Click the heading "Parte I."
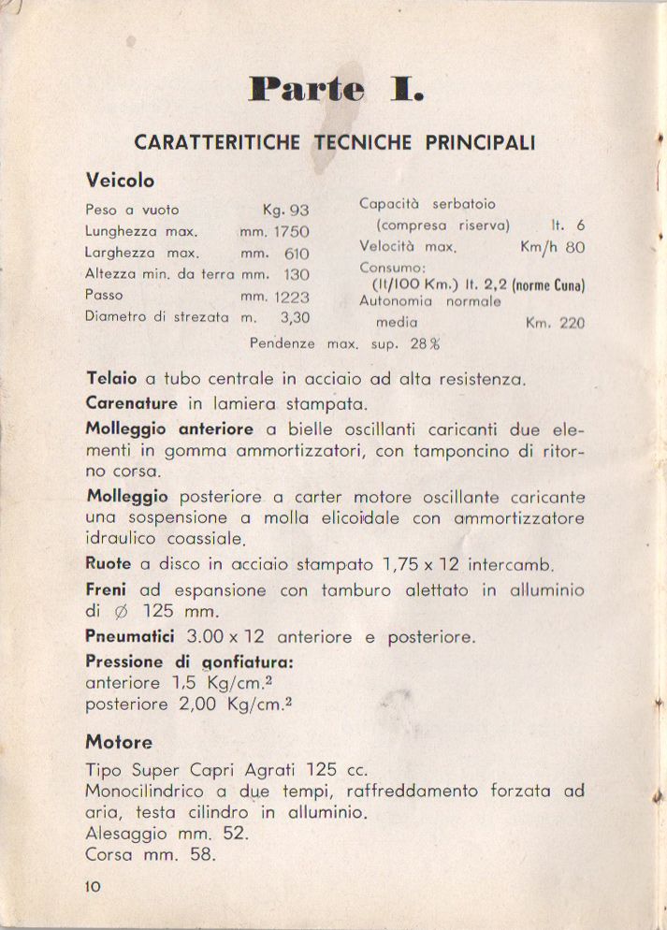pos(335,90)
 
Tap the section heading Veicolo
pos(120,180)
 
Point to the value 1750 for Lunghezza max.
pos(291,232)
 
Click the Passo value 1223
pos(291,297)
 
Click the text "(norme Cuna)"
pos(548,285)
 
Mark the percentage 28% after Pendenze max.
pos(425,343)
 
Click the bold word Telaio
pos(111,380)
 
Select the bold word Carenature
pos(131,404)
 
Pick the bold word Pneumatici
pos(130,637)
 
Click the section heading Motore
pos(119,743)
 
